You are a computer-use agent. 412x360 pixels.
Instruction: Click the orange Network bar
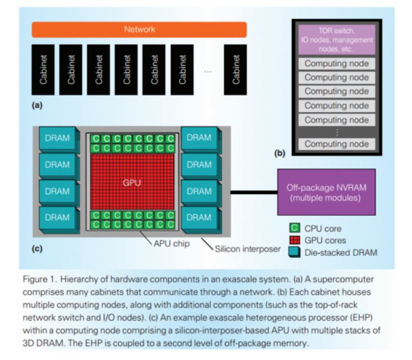pos(139,29)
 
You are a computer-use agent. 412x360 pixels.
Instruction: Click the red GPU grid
pos(133,182)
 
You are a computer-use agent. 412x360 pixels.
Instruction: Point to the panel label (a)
pos(38,103)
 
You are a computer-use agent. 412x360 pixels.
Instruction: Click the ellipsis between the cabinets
pos(208,71)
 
